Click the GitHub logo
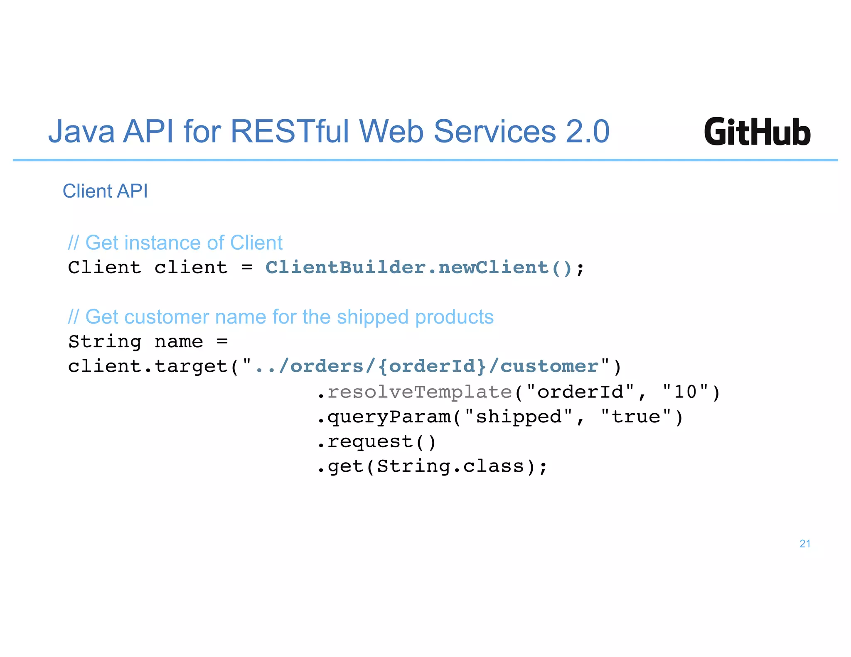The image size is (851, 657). pyautogui.click(x=757, y=132)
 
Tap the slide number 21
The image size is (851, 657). pyautogui.click(x=804, y=544)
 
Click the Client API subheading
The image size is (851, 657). pyautogui.click(x=105, y=191)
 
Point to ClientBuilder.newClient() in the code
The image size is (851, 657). pyautogui.click(x=419, y=268)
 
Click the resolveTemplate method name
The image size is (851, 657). pyautogui.click(x=420, y=392)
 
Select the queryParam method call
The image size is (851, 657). pyautogui.click(x=389, y=417)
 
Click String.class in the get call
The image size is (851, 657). pyautogui.click(x=451, y=466)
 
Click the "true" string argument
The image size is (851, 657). pyautogui.click(x=636, y=417)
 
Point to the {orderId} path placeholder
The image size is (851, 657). pyautogui.click(x=432, y=366)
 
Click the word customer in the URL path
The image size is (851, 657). pyautogui.click(x=549, y=366)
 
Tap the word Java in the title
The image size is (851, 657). pyautogui.click(x=81, y=132)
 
